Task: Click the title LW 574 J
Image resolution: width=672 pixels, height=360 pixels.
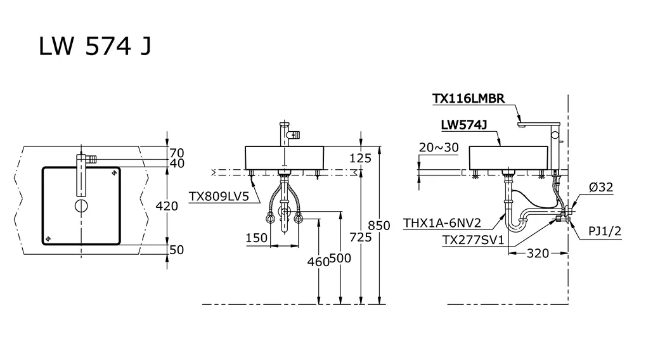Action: click(95, 47)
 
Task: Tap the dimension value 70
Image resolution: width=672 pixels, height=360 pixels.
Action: click(177, 153)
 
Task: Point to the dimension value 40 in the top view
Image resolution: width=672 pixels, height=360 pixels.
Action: click(177, 164)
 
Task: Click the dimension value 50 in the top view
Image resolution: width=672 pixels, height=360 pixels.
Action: click(177, 250)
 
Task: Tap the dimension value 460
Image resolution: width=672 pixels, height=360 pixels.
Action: click(318, 261)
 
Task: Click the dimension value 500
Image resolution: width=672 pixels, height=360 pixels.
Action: click(340, 258)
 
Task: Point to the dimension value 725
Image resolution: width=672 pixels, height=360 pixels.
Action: click(360, 237)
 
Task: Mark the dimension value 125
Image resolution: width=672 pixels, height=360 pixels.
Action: click(360, 158)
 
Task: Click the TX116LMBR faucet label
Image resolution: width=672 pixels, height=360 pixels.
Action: click(468, 98)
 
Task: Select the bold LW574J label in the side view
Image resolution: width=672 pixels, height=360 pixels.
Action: click(463, 125)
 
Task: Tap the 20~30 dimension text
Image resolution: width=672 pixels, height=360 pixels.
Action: click(439, 147)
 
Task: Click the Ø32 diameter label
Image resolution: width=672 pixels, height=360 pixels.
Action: click(600, 187)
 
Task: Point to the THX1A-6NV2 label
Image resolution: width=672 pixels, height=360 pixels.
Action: click(442, 223)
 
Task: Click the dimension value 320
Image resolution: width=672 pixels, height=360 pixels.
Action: click(538, 254)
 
